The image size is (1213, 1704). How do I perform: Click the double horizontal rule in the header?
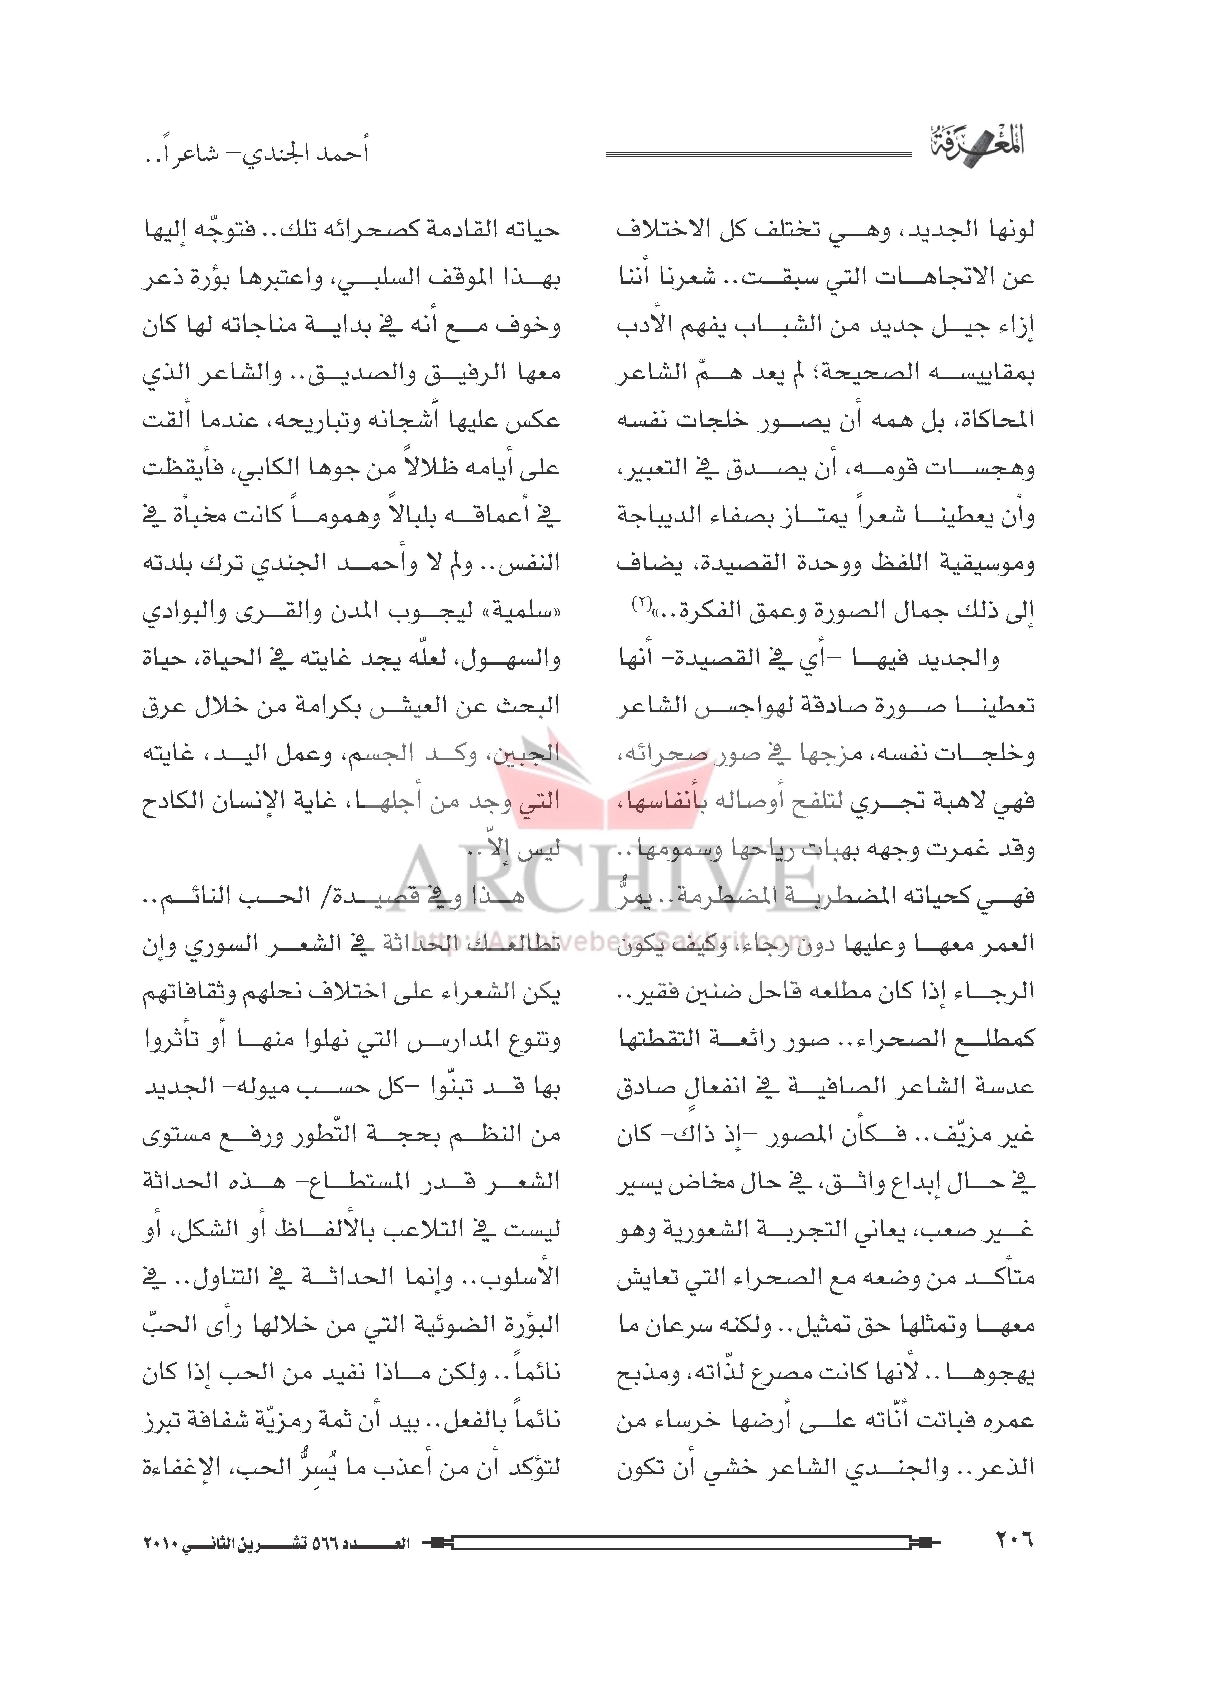[758, 155]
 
